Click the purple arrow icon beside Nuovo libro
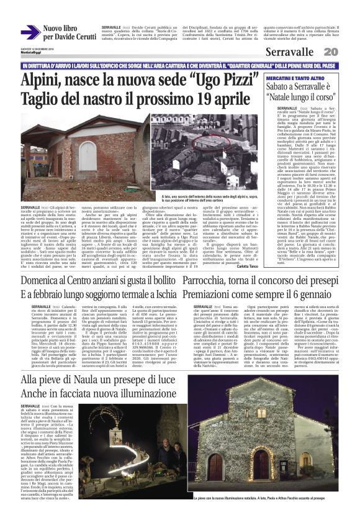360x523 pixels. (30, 32)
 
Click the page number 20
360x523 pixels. (348, 51)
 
